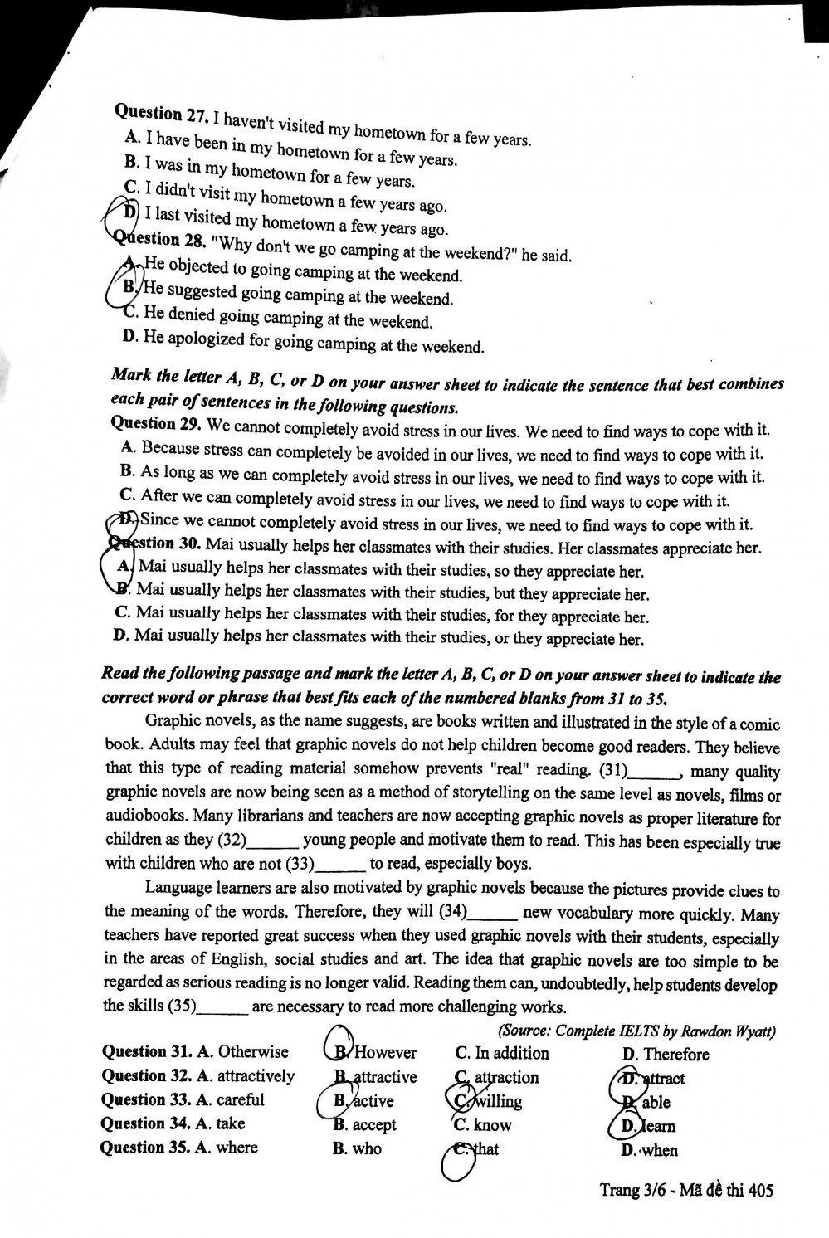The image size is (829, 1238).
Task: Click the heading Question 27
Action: click(160, 115)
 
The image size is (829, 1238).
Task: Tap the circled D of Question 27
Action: click(130, 212)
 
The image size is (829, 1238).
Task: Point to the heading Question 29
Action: click(155, 424)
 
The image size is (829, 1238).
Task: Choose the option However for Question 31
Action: click(384, 1053)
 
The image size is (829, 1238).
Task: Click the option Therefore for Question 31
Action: click(676, 1055)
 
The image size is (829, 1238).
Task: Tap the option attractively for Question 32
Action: click(256, 1076)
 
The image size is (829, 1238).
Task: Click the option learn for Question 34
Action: click(658, 1126)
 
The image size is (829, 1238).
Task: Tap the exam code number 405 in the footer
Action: click(760, 1191)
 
